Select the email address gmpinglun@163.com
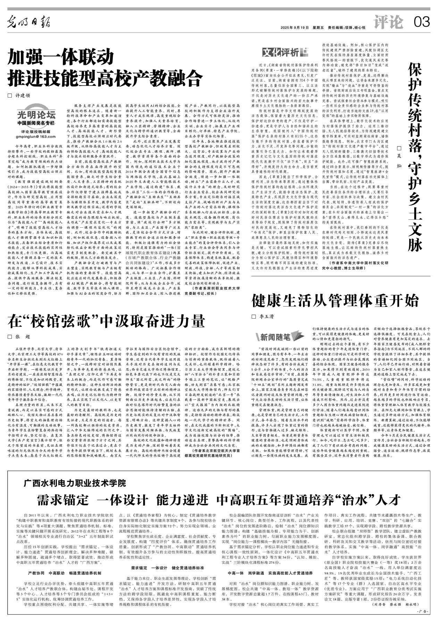tap(36, 137)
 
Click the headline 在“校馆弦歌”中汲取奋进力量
tap(106, 320)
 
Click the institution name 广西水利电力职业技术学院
tap(75, 483)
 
